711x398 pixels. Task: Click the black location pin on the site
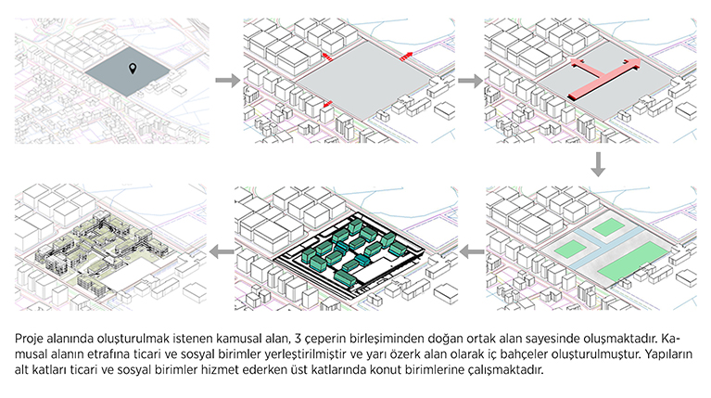coord(133,69)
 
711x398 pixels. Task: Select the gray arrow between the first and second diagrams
coord(227,81)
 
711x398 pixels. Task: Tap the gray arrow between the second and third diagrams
coord(470,81)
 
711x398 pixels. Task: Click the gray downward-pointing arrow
coord(598,164)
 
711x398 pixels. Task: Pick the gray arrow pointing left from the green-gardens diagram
coord(472,251)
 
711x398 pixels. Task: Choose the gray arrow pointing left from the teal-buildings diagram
coord(222,251)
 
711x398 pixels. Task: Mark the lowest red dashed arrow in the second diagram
coord(327,105)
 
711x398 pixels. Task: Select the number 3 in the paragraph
coord(298,339)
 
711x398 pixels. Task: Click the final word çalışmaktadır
coord(505,370)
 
